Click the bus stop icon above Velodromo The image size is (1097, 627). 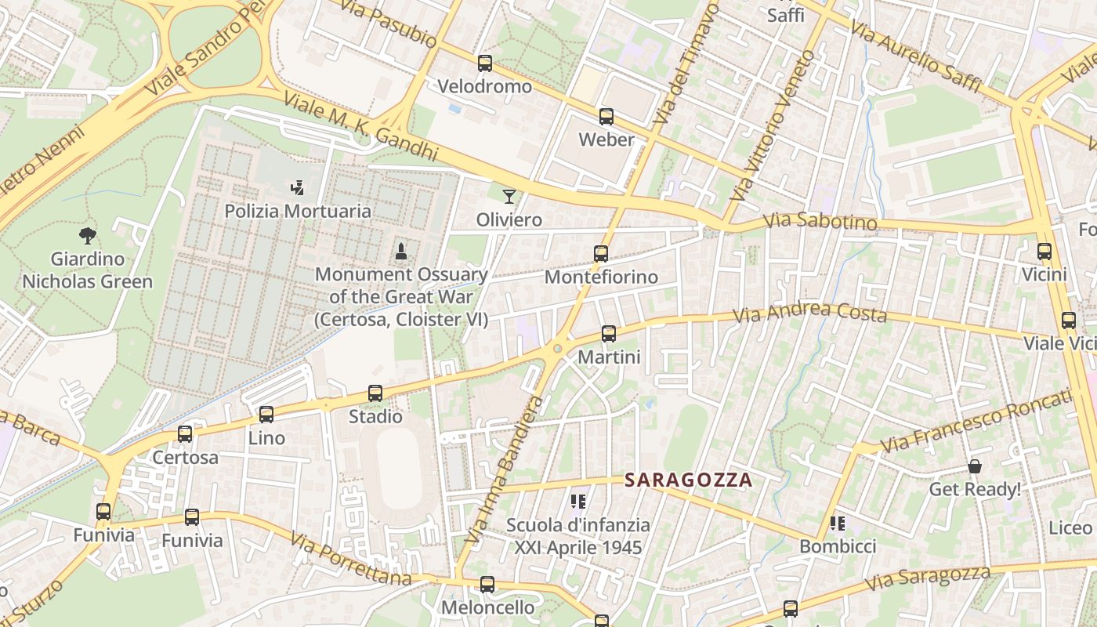(x=485, y=63)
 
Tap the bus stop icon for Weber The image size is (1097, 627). (x=606, y=117)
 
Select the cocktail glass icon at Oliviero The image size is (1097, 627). (x=509, y=196)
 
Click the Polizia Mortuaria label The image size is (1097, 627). (x=298, y=211)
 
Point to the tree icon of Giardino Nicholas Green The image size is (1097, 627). (x=88, y=235)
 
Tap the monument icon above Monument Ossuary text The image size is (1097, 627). (x=401, y=252)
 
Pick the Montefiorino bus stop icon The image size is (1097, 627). (x=601, y=254)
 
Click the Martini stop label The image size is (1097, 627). (x=609, y=357)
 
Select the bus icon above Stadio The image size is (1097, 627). (x=375, y=393)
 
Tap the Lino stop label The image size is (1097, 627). (x=266, y=438)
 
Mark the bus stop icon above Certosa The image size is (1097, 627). (x=185, y=434)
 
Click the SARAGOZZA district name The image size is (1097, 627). (x=688, y=480)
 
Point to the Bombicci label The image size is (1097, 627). (x=838, y=546)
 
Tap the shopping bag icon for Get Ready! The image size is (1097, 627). (x=975, y=466)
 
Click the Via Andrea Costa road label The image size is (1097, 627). (x=809, y=313)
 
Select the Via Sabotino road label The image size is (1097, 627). (x=820, y=222)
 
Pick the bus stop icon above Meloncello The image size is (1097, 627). (x=487, y=585)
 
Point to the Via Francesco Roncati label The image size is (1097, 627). (x=976, y=421)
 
